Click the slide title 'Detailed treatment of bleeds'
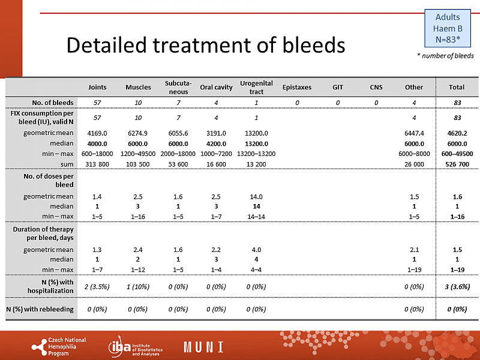click(205, 45)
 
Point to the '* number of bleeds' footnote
click(445, 56)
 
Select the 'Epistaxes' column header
click(297, 87)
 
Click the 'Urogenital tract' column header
click(256, 87)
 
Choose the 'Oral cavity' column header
click(216, 87)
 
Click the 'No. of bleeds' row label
click(53, 102)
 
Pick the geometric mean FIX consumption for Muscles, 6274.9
click(138, 133)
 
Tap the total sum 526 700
click(452, 164)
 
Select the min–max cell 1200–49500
click(138, 154)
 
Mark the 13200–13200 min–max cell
click(256, 154)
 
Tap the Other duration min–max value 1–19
click(414, 269)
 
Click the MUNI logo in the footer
click(203, 347)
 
